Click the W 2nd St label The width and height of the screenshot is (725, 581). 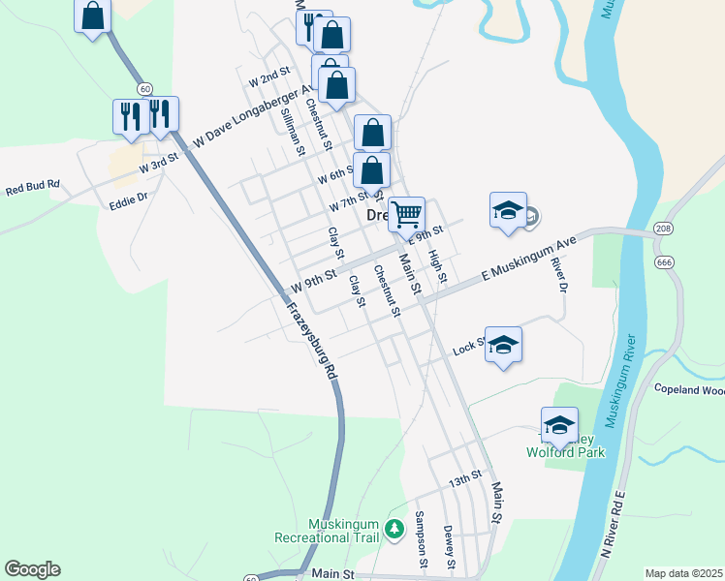coord(270,77)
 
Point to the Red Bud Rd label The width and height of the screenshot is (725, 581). coord(33,185)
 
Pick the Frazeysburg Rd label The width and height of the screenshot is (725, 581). coord(312,341)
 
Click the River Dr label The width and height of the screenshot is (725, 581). coord(557,273)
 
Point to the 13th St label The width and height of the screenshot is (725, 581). coord(464,478)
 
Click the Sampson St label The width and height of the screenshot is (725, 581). coord(421,539)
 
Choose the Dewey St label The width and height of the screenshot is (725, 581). coord(449,547)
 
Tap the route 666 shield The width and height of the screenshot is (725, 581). coord(665,261)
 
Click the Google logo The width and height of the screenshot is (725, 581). coord(32,569)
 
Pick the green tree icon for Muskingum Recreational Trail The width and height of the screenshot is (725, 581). coord(394,528)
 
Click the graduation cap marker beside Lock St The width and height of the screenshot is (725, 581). coord(503,345)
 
